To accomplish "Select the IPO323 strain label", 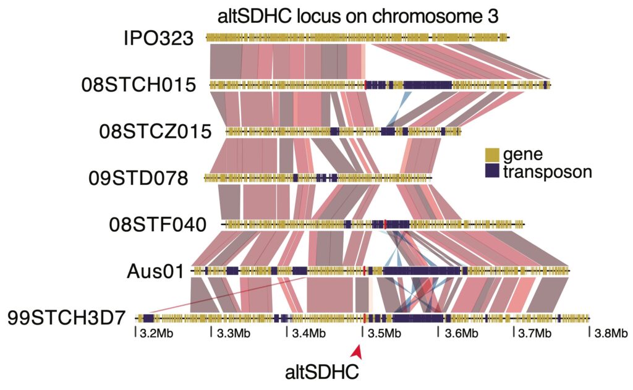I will pos(158,38).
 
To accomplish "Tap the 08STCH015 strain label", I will pos(138,85).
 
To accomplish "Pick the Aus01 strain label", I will pos(157,271).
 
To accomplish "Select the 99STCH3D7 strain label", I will pos(67,318).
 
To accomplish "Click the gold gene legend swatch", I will pos(492,154).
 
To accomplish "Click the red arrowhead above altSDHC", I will pos(357,351).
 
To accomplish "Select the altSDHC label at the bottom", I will pos(321,372).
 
